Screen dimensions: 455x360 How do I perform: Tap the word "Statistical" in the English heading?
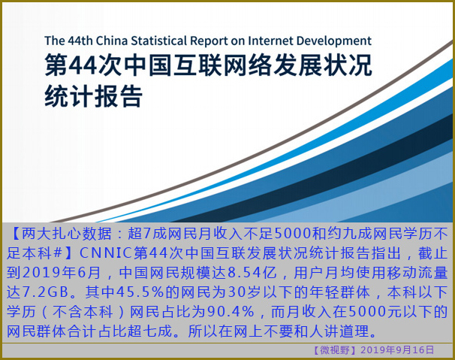[x=159, y=41]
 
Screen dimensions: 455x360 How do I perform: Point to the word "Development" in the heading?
[x=333, y=41]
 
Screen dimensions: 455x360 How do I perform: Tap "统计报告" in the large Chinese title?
[x=93, y=96]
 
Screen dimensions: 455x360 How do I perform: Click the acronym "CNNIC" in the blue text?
[x=105, y=253]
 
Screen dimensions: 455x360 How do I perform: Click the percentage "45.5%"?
[x=140, y=292]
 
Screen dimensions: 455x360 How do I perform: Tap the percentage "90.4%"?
[x=231, y=311]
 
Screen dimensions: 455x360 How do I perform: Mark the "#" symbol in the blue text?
[x=58, y=253]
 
